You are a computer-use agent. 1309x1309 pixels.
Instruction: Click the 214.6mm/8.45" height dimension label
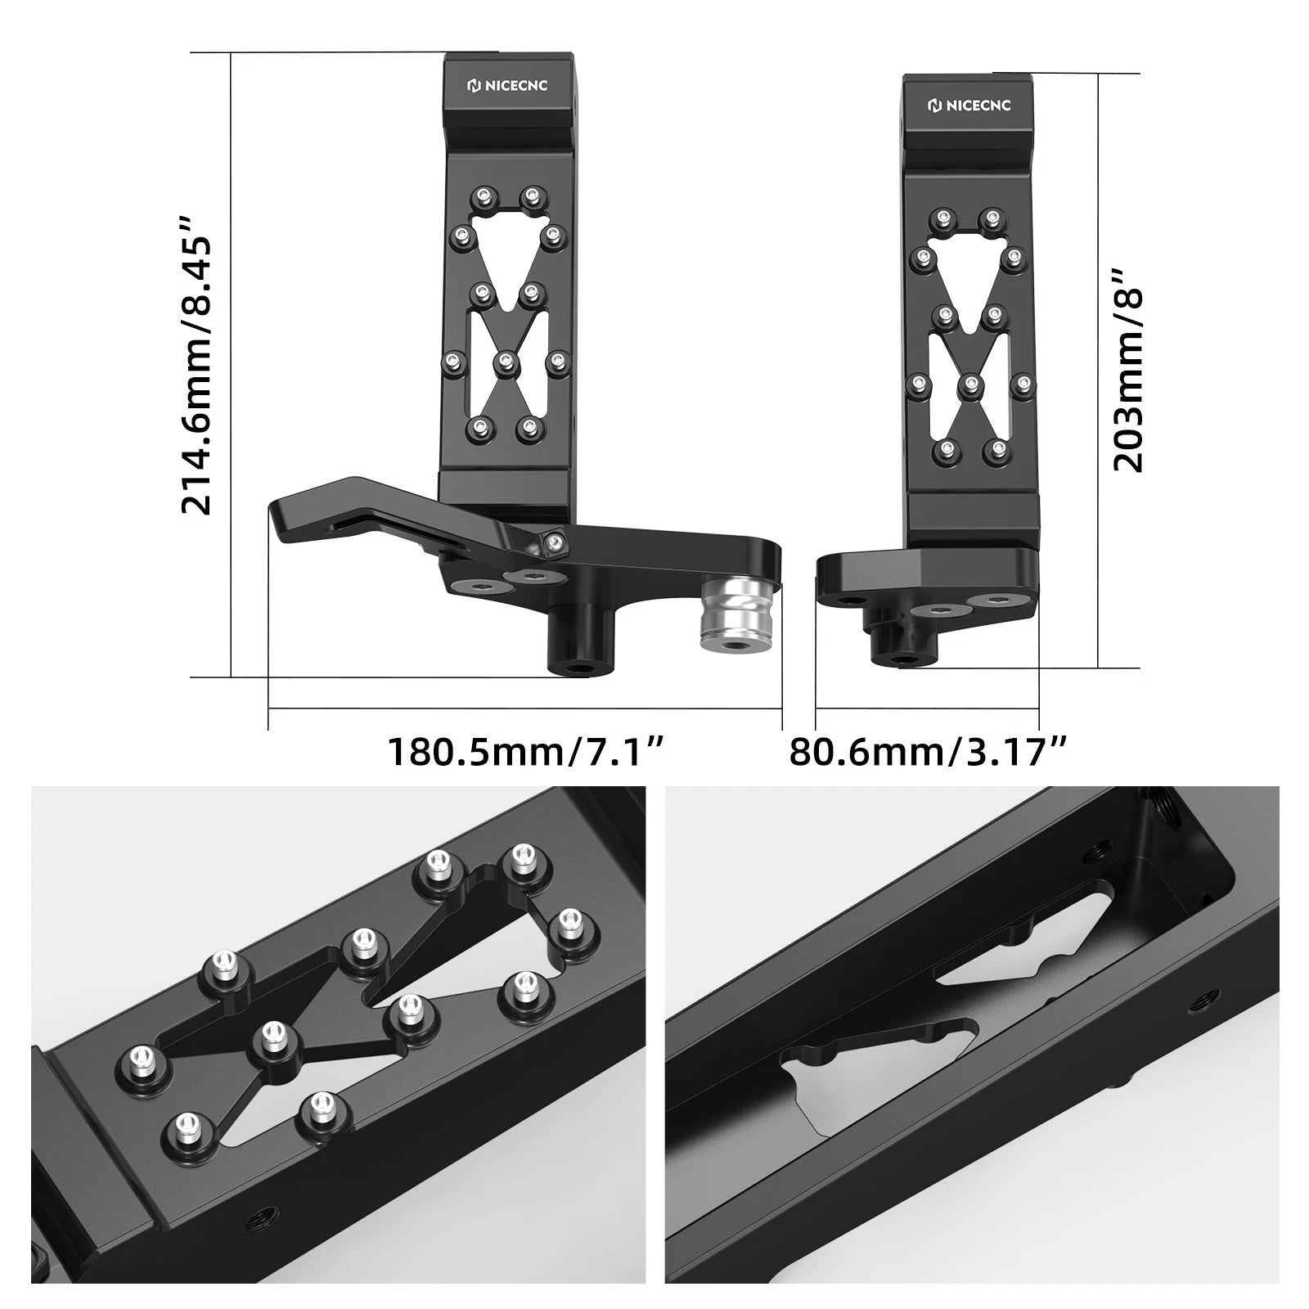tap(196, 364)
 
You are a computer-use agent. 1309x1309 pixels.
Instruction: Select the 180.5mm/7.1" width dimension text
tap(524, 750)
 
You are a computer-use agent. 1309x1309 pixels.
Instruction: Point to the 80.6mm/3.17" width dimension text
tap(929, 750)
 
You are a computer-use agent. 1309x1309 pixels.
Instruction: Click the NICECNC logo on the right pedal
tap(969, 105)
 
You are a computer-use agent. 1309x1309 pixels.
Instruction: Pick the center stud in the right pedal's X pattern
tap(969, 382)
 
